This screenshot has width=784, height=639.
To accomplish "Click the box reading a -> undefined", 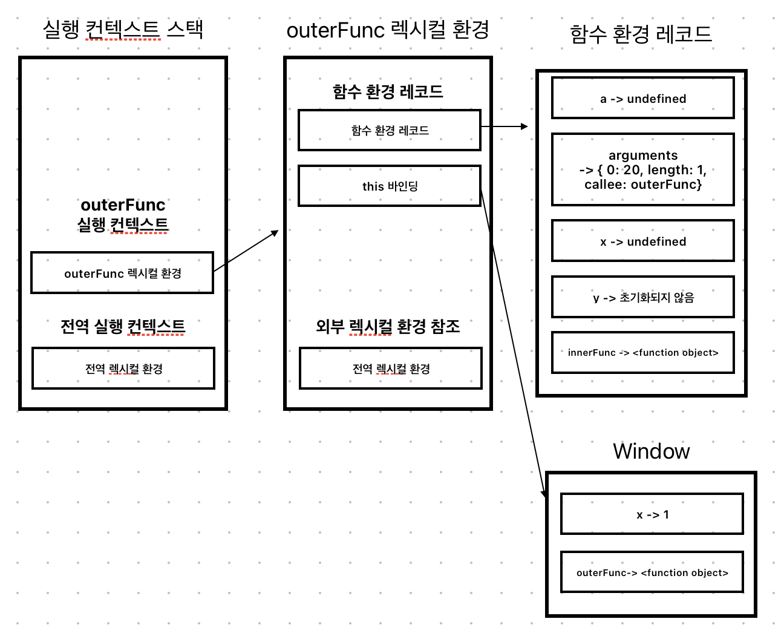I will point(642,98).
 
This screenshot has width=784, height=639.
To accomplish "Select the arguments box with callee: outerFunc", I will point(642,170).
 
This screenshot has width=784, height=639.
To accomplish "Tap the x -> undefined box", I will point(642,241).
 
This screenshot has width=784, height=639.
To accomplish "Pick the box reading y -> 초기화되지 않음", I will point(642,297).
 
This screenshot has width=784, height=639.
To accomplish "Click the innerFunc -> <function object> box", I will point(642,352).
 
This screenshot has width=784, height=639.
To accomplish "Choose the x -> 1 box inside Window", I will point(652,514).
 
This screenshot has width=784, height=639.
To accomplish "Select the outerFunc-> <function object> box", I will point(652,572).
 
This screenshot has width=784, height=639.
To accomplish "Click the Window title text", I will point(651,451).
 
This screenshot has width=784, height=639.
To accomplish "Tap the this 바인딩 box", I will point(390,186).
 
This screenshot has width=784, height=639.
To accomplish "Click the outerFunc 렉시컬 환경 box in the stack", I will point(122,273).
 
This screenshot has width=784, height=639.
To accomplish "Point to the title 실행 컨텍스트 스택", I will point(123,29).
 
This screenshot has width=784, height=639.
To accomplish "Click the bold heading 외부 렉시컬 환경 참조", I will point(388,327).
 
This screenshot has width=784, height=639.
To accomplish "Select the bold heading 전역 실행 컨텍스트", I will point(123,327).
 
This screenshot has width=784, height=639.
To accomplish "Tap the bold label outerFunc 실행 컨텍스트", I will point(123,215).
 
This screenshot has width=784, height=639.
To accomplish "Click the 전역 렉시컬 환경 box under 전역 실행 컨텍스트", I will point(123,369).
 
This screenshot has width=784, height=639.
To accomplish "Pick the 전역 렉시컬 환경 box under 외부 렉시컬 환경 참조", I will point(391,369).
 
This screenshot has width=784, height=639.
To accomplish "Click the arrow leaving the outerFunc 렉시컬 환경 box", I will point(246,251).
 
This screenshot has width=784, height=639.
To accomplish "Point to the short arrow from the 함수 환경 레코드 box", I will point(504,126).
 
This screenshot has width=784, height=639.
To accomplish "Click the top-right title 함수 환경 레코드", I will point(641,34).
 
